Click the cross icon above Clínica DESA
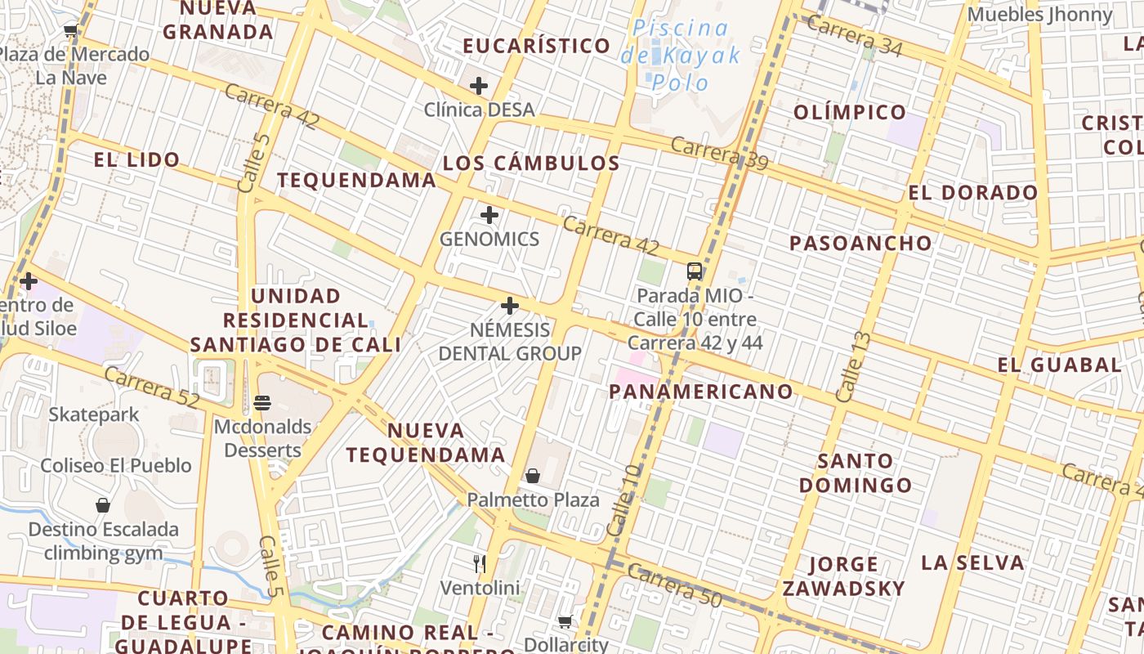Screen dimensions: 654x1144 [479, 85]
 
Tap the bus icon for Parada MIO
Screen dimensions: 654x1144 [695, 271]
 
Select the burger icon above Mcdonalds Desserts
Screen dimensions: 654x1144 [262, 402]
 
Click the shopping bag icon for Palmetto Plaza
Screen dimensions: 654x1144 [533, 475]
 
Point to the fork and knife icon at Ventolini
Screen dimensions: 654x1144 [480, 563]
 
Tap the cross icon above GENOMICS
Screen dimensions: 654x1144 [489, 215]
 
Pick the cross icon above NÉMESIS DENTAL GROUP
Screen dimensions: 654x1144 [510, 307]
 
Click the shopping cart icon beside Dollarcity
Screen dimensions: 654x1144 [565, 621]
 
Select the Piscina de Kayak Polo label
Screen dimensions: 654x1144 [680, 55]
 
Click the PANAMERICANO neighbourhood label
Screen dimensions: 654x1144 [701, 392]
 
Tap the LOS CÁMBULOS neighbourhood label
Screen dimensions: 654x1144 [531, 163]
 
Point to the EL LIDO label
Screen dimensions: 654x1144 [136, 159]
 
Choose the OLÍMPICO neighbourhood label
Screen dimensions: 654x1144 [850, 112]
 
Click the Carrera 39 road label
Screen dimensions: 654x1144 [719, 154]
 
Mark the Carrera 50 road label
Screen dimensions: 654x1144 [675, 586]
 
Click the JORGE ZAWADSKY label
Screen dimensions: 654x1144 [844, 576]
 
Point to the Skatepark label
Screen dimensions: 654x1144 [94, 414]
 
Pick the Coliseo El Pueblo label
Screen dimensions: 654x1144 [116, 465]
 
